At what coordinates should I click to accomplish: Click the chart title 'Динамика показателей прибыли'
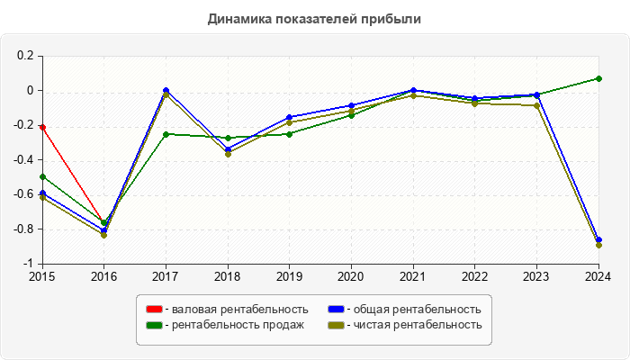315,18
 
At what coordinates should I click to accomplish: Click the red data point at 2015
42,127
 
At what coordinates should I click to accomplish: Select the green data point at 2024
598,78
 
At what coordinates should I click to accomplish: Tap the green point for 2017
166,134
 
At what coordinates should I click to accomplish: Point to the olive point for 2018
228,154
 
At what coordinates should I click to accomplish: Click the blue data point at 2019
289,117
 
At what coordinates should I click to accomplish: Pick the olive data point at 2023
536,105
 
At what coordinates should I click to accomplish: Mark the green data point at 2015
42,176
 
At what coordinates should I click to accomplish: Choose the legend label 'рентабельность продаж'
238,324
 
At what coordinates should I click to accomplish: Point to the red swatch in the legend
153,310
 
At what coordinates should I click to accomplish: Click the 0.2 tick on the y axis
26,56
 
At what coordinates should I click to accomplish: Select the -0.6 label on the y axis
22,195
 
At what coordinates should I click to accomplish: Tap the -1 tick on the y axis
29,265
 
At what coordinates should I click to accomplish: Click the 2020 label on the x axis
351,276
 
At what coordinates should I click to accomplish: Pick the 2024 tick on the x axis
598,276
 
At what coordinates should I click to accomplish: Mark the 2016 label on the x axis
104,276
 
